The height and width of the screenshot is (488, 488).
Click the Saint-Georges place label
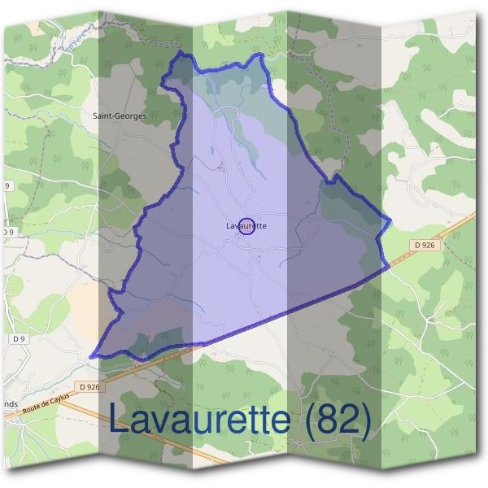[x=120, y=116]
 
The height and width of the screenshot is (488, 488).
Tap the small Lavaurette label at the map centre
[x=246, y=226]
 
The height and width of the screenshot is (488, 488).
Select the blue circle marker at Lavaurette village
[x=249, y=227]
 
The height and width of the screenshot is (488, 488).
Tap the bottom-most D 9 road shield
[x=20, y=338]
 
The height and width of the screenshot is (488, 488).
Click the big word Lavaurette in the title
[x=198, y=420]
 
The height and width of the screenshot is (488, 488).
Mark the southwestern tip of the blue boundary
[x=92, y=355]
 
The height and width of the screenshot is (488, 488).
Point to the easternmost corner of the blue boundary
[x=391, y=220]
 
